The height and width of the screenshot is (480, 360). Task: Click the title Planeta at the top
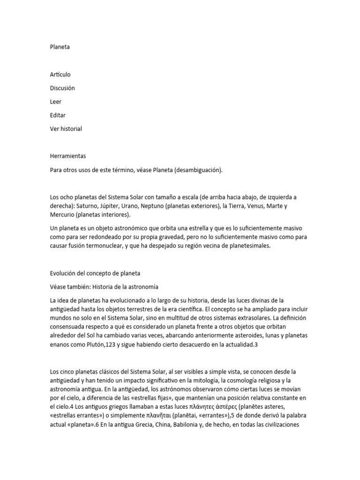tap(60, 47)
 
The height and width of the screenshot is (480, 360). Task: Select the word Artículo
tap(60, 75)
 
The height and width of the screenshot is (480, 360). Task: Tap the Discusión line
tap(62, 88)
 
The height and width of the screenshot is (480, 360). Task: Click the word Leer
tap(55, 102)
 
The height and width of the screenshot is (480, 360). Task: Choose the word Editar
tap(58, 115)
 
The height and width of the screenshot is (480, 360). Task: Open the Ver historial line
tap(66, 129)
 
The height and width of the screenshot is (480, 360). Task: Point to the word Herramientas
tap(67, 156)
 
